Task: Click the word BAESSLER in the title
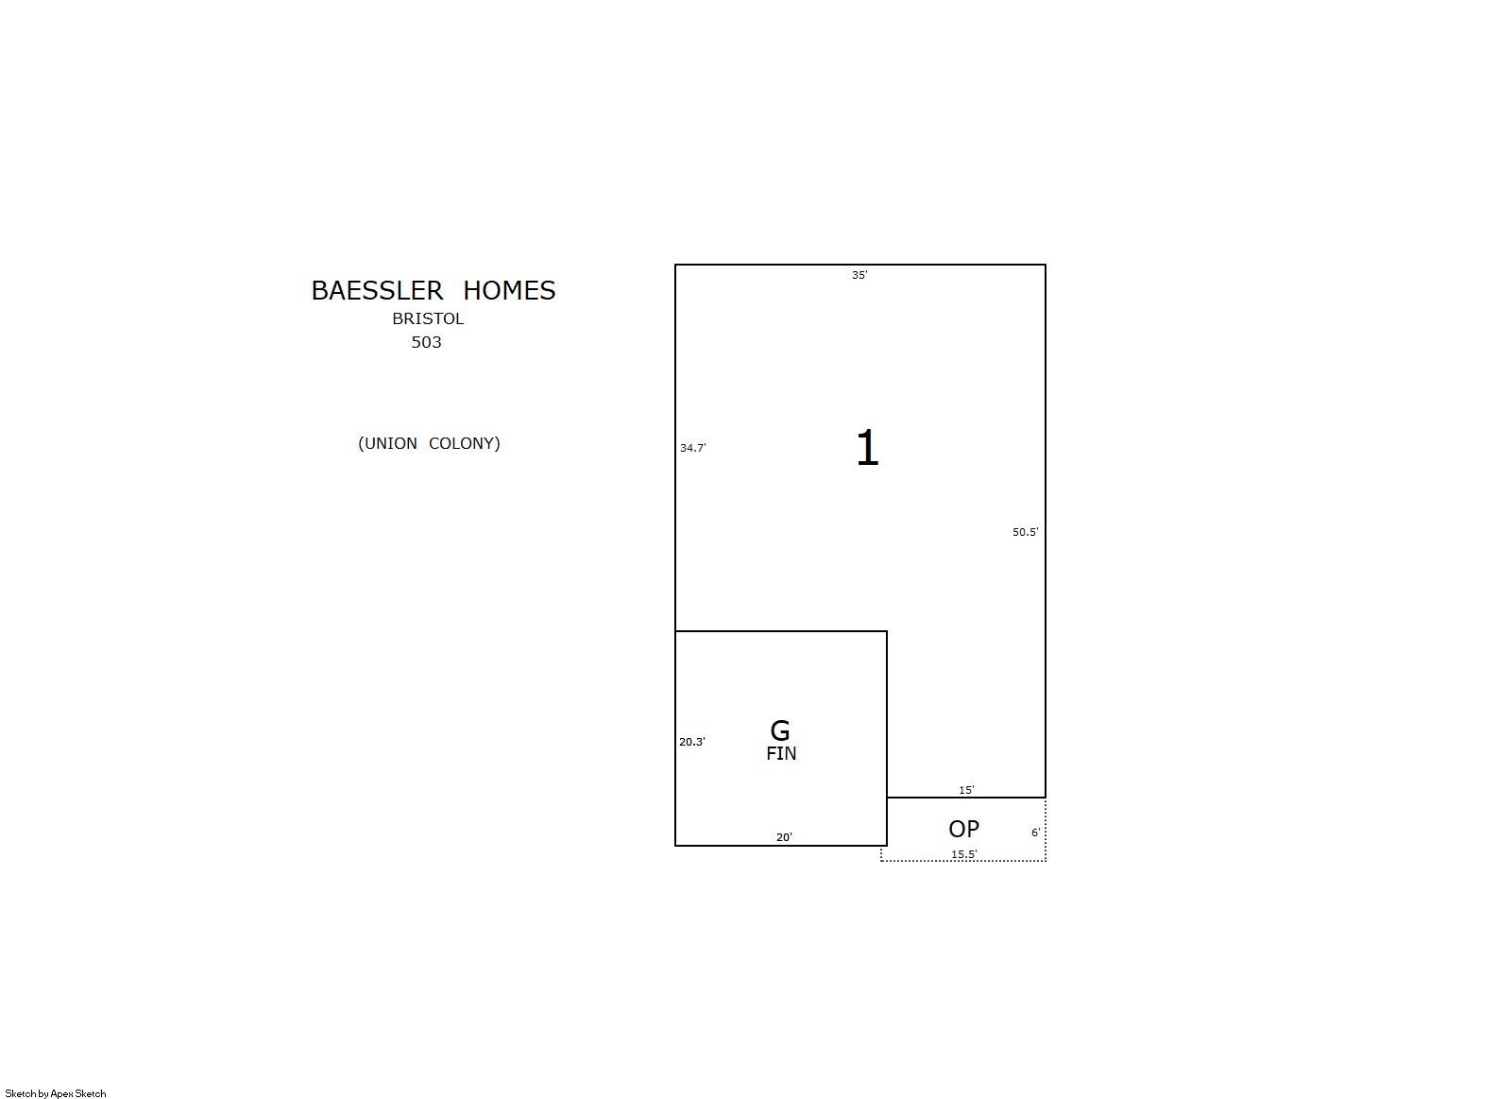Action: pos(376,291)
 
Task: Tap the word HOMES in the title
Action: pos(509,291)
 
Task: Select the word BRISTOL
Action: pos(428,318)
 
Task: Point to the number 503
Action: pos(426,342)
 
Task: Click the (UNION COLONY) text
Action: pos(429,444)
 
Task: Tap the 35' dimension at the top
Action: pos(859,275)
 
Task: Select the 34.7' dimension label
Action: pos(693,448)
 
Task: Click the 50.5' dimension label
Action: pos(1025,532)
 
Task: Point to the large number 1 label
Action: pos(867,448)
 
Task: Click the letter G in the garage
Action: pos(780,730)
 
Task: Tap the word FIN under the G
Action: pos(781,753)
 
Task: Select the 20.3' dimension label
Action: pos(692,742)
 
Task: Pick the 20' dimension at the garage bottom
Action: pos(784,837)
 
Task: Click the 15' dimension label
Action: pos(966,790)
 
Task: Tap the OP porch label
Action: pos(963,829)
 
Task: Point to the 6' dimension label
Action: pos(1036,833)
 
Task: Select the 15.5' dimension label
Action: pos(964,854)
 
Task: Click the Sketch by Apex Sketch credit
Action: pos(56,1093)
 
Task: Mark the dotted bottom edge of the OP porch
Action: pos(963,861)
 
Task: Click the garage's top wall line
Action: pos(780,631)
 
